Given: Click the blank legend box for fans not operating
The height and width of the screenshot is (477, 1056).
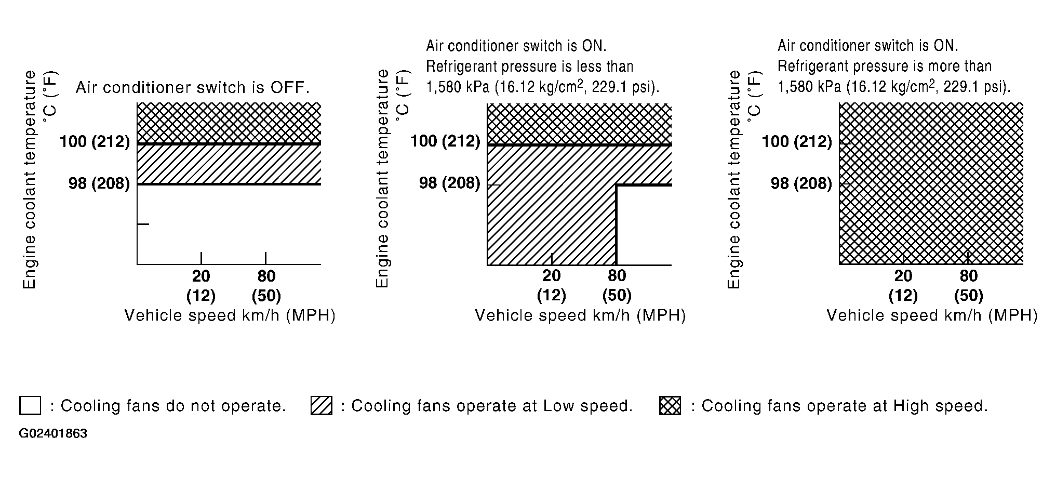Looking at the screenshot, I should point(30,405).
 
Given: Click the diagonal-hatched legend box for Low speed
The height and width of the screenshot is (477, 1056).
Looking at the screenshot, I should point(322,405).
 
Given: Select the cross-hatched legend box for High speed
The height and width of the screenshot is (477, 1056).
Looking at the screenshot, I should point(670,405).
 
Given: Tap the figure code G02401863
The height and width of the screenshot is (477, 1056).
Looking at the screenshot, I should point(53,434).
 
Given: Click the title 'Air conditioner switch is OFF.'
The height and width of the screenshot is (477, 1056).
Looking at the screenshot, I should point(193,87).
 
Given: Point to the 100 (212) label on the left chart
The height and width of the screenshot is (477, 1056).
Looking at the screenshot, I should point(95,141).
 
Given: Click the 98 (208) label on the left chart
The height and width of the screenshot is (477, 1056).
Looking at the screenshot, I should point(99,183).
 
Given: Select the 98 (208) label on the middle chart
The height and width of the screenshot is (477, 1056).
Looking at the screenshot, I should point(450,183).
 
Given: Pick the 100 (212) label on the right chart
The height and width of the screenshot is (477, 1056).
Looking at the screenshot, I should point(797,141).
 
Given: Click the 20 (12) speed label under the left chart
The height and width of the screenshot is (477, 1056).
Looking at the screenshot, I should point(201,285).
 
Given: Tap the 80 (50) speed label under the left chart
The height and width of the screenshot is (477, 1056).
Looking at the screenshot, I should point(266,285).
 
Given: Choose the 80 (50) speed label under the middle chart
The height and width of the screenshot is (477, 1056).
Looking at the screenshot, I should point(617,285).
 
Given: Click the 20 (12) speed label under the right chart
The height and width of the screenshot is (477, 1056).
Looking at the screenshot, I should point(903,285).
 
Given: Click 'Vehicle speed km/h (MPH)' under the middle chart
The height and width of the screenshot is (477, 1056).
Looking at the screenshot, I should point(580,315).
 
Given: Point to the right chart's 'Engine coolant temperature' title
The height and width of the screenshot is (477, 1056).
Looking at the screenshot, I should point(734,179).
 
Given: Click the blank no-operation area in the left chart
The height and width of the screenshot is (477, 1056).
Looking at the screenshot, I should point(229,223).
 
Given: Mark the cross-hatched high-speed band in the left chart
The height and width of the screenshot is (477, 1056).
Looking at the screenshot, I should point(229,123).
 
